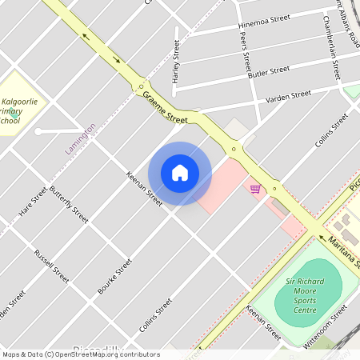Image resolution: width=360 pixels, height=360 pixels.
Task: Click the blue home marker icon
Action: (x=180, y=173)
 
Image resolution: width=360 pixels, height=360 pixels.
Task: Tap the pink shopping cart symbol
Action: (x=254, y=189)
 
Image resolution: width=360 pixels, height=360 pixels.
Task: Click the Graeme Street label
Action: (x=165, y=107)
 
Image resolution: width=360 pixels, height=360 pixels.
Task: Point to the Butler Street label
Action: (x=269, y=70)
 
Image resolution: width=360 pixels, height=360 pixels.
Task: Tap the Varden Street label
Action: (x=288, y=97)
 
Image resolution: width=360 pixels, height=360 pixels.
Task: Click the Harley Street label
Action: (x=176, y=62)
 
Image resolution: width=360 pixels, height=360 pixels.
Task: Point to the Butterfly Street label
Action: (x=69, y=203)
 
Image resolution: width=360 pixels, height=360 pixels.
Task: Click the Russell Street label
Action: (x=51, y=266)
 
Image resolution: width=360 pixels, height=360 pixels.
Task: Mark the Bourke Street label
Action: (x=114, y=276)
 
